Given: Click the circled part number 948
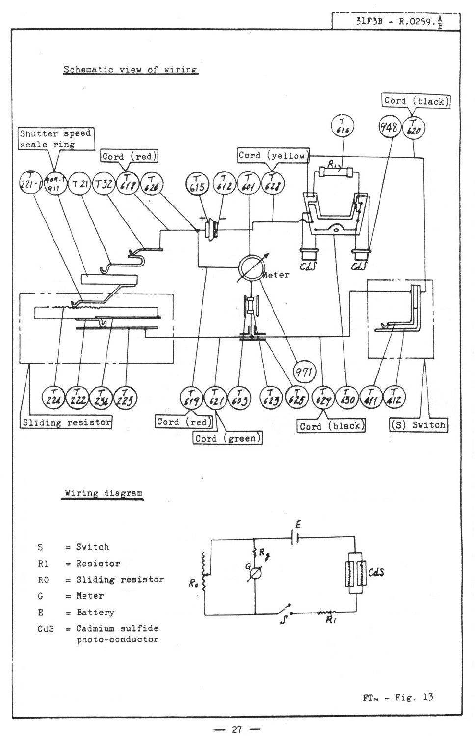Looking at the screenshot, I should click(390, 128).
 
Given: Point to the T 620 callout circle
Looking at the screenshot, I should click(413, 128).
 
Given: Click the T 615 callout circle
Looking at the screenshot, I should click(198, 185).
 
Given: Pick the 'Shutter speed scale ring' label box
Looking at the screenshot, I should click(55, 139).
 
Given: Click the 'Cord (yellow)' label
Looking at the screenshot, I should click(273, 156).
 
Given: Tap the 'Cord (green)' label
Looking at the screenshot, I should click(227, 439).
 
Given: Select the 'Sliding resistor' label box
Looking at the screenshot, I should click(66, 422).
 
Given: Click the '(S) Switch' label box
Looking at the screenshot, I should click(419, 425).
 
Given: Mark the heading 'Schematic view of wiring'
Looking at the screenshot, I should click(130, 70).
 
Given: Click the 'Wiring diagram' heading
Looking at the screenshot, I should click(104, 493).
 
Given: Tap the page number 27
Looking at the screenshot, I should click(237, 729).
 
